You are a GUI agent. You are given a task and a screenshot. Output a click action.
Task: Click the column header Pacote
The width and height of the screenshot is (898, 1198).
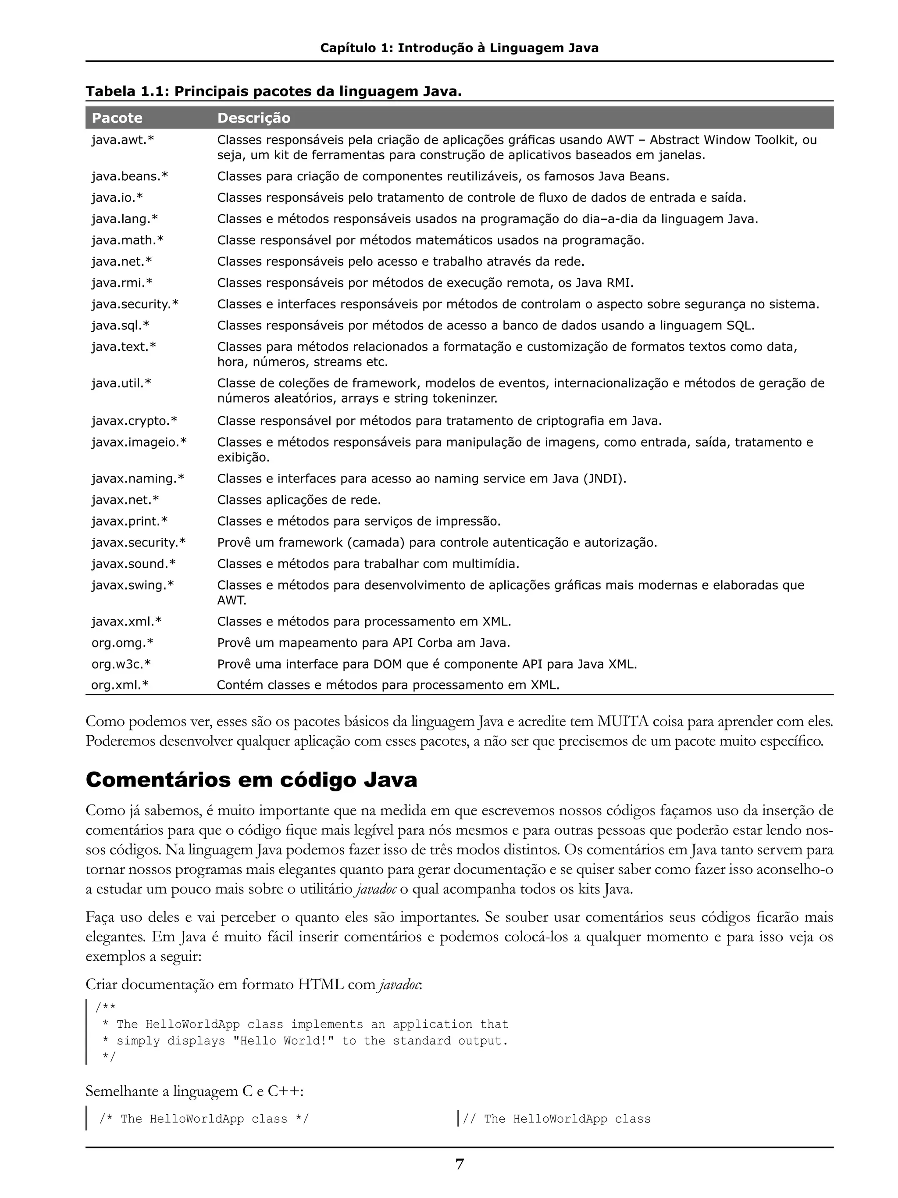tap(117, 118)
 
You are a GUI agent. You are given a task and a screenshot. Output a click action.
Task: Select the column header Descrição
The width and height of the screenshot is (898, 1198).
tap(253, 118)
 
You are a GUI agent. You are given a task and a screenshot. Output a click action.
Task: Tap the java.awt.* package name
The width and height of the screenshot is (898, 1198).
tap(122, 140)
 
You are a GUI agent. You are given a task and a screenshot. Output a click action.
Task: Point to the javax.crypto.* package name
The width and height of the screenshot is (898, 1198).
tap(134, 421)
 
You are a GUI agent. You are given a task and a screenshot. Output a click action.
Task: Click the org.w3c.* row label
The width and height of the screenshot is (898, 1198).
tap(121, 664)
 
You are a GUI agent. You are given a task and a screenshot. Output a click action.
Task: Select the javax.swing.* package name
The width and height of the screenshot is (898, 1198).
tap(132, 585)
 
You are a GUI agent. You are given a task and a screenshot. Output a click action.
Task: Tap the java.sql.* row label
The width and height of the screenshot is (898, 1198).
tap(120, 325)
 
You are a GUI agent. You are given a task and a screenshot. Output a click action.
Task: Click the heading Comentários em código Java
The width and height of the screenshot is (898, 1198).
tap(251, 780)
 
